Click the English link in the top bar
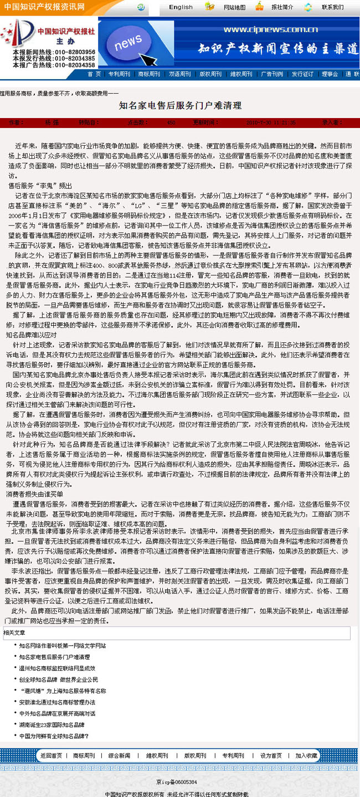[181, 7]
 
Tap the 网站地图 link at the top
[234, 8]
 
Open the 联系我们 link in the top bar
[332, 8]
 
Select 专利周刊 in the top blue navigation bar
[119, 74]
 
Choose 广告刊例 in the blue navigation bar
[272, 74]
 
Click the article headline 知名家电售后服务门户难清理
[180, 105]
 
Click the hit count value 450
[171, 122]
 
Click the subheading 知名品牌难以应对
[31, 335]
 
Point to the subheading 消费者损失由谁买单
[34, 493]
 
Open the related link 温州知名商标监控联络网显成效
[57, 668]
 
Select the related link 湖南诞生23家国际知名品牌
[52, 724]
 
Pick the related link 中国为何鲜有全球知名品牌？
[54, 736]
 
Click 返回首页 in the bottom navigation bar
[51, 755]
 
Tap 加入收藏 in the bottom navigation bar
[306, 755]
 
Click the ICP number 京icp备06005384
[176, 782]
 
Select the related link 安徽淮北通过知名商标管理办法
[57, 702]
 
